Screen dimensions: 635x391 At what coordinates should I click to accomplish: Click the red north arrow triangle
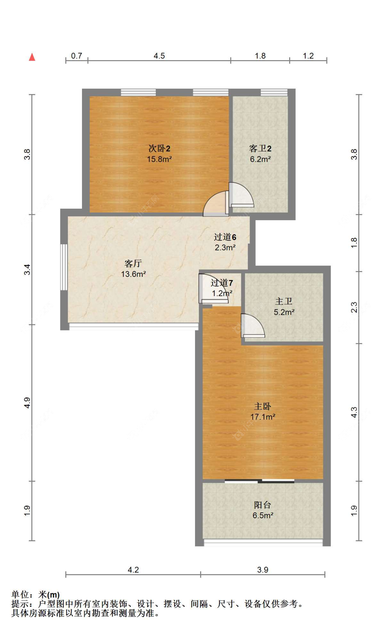coord(32,57)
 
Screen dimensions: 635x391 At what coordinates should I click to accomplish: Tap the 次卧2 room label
coord(159,149)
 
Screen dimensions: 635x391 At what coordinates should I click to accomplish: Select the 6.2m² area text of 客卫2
coord(260,159)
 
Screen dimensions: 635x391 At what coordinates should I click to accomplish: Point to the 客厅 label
coord(133,263)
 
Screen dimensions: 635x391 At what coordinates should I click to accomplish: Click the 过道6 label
coord(225,237)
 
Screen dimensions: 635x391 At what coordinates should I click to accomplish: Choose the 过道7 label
coord(222,283)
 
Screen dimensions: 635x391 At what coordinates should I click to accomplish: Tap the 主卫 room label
coord(284,301)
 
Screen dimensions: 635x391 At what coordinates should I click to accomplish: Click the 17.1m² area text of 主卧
coord(263,417)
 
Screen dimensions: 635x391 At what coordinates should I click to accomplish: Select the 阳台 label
coord(262,505)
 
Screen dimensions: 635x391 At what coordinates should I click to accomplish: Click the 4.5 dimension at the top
coord(159,56)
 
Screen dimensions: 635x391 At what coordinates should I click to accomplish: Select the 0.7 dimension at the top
coord(76,56)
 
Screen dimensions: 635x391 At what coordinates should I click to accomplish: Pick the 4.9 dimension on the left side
coord(27,403)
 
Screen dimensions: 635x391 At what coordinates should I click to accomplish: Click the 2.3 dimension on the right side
coord(354,307)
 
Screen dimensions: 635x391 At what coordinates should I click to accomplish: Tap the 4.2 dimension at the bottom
coord(133,570)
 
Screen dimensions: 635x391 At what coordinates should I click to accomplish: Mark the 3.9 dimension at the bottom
coord(263,570)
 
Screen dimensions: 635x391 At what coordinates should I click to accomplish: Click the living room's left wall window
coord(64,267)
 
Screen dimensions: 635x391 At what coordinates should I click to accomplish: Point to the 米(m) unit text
coord(49,595)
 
